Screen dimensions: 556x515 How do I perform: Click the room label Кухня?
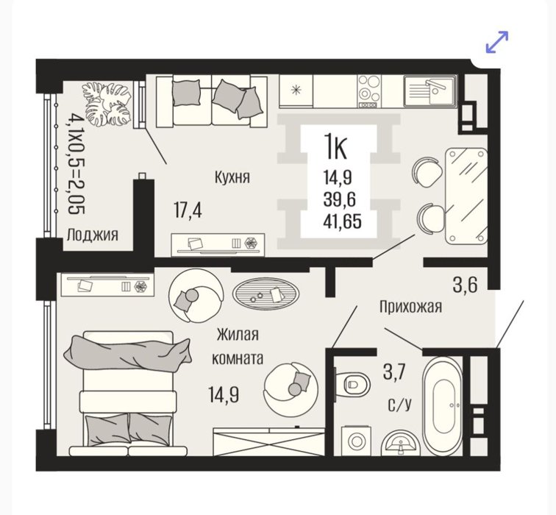pyautogui.click(x=232, y=177)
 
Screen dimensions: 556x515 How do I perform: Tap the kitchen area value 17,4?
pyautogui.click(x=188, y=210)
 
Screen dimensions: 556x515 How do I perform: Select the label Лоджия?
pyautogui.click(x=93, y=235)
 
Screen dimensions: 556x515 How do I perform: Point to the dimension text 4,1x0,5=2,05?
pyautogui.click(x=74, y=163)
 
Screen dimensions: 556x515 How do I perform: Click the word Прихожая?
pyautogui.click(x=410, y=307)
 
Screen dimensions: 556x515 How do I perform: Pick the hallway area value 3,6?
pyautogui.click(x=466, y=285)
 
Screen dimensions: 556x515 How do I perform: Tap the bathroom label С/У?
pyautogui.click(x=400, y=405)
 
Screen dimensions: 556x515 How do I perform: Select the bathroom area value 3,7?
pyautogui.click(x=393, y=374)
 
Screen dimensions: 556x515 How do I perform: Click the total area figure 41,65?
pyautogui.click(x=342, y=221)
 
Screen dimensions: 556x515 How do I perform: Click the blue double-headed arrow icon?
pyautogui.click(x=496, y=42)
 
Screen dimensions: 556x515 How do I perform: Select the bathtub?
pyautogui.click(x=443, y=406)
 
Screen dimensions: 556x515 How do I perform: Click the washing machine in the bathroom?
pyautogui.click(x=355, y=441)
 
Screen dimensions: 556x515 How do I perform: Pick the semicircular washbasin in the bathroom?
pyautogui.click(x=401, y=443)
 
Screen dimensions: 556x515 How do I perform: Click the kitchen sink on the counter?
pyautogui.click(x=430, y=90)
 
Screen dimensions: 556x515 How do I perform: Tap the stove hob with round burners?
pyautogui.click(x=369, y=90)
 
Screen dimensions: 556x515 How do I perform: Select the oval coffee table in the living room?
pyautogui.click(x=265, y=293)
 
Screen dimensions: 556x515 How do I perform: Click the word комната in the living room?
pyautogui.click(x=238, y=358)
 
